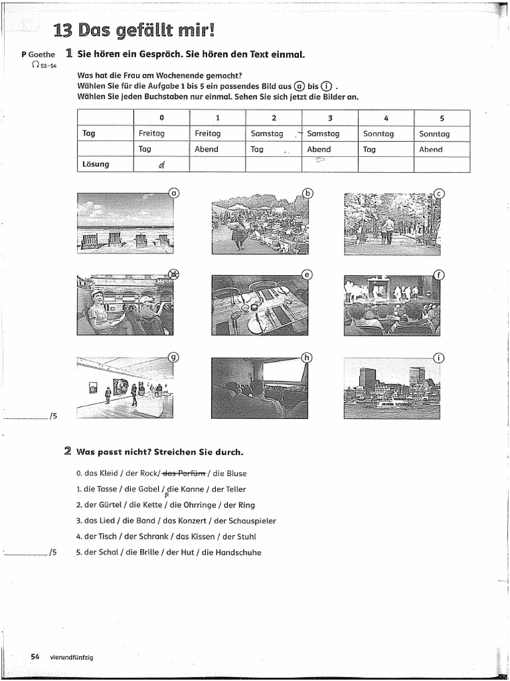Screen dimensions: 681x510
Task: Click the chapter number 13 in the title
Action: pos(63,31)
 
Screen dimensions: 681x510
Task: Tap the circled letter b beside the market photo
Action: pos(307,193)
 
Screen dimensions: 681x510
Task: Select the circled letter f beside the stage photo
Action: pos(438,275)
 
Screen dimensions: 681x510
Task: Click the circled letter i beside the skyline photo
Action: pos(438,357)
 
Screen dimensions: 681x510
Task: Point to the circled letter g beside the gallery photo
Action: pos(173,356)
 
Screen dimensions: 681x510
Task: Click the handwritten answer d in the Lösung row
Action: pos(161,166)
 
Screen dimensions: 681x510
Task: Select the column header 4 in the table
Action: pos(386,118)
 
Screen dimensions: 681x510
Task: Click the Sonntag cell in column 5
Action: pos(434,134)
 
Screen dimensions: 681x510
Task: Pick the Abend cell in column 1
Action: pos(207,150)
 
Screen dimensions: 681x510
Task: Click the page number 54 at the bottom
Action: pos(35,657)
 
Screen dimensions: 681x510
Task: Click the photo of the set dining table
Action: pos(260,305)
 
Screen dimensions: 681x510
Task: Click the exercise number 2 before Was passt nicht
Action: pos(68,452)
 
